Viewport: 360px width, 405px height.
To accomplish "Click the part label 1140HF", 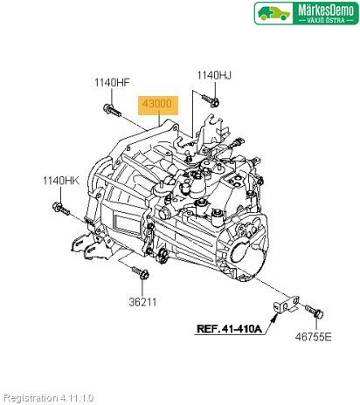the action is (112, 83).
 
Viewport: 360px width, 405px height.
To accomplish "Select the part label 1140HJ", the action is (214, 75).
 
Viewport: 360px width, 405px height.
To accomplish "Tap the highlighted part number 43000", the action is (157, 103).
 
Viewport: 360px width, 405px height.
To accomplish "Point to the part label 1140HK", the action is (61, 181).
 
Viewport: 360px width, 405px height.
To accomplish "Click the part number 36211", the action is (142, 302).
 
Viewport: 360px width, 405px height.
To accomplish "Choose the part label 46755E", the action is (314, 337).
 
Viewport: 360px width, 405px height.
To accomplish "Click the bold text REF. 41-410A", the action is (230, 329).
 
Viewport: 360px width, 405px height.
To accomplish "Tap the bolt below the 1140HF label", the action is (112, 110).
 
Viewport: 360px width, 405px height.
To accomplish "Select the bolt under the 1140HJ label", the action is (211, 100).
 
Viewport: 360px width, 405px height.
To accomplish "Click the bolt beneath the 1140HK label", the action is (61, 209).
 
